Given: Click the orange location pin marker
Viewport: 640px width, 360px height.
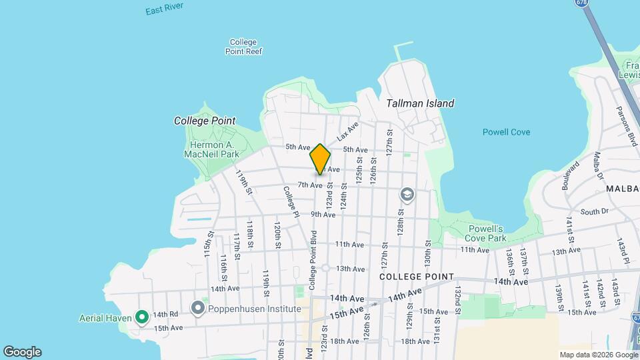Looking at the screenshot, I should (x=320, y=159).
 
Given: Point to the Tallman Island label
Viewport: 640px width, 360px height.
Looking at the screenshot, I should (x=420, y=103).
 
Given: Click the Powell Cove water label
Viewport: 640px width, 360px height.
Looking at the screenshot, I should (x=506, y=132).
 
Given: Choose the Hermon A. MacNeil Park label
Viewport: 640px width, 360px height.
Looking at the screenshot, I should (x=211, y=149).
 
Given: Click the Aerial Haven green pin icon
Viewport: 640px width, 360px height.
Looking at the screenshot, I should (x=141, y=317).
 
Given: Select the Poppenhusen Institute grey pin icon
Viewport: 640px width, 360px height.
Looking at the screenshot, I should (x=198, y=309).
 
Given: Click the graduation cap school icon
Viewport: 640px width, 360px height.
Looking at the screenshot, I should (x=407, y=195).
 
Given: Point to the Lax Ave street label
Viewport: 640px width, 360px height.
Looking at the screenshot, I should (x=347, y=131).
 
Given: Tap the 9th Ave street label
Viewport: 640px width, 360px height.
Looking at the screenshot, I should (x=323, y=215).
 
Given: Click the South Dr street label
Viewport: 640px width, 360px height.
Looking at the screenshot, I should (x=594, y=211).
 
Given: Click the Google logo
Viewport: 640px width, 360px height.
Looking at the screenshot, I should (x=22, y=352).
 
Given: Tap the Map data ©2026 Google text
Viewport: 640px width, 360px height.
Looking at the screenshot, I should (x=598, y=355).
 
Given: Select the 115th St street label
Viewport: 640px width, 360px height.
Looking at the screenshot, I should (x=208, y=245).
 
